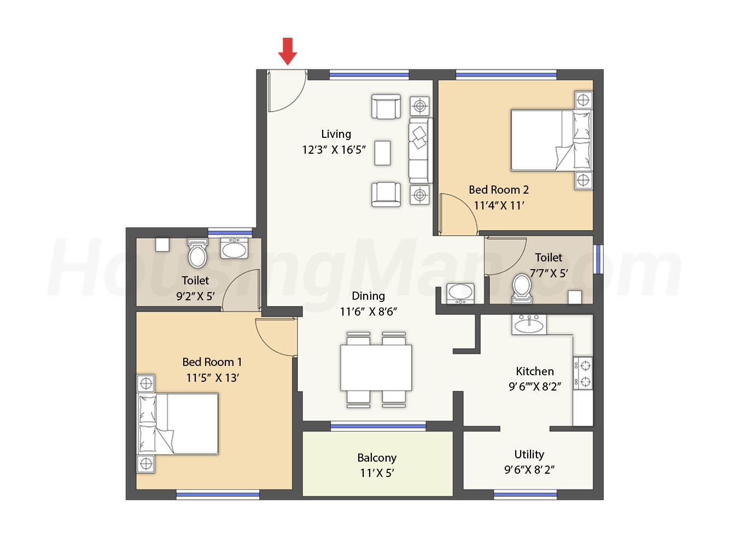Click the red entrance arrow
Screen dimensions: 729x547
click(x=287, y=51)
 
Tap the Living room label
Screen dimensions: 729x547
click(x=336, y=134)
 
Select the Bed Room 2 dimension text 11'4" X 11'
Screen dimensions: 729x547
click(x=499, y=206)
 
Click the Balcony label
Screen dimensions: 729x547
click(x=377, y=458)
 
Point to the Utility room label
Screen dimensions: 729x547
click(x=529, y=455)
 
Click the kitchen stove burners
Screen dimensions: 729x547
click(x=583, y=374)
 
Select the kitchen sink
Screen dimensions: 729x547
click(x=529, y=324)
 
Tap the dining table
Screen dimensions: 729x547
click(x=376, y=368)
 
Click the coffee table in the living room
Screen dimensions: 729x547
click(x=382, y=153)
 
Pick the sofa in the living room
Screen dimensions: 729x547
click(x=420, y=150)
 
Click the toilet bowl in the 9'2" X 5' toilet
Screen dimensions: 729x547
click(x=197, y=253)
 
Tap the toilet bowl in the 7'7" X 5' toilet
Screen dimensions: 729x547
click(x=522, y=288)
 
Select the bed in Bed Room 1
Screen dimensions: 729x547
click(x=178, y=424)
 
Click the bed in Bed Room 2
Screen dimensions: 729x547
click(x=551, y=141)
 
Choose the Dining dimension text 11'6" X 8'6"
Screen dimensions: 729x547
click(x=368, y=312)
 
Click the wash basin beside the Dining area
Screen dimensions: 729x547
click(x=460, y=293)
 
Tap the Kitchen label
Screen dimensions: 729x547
click(x=535, y=371)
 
